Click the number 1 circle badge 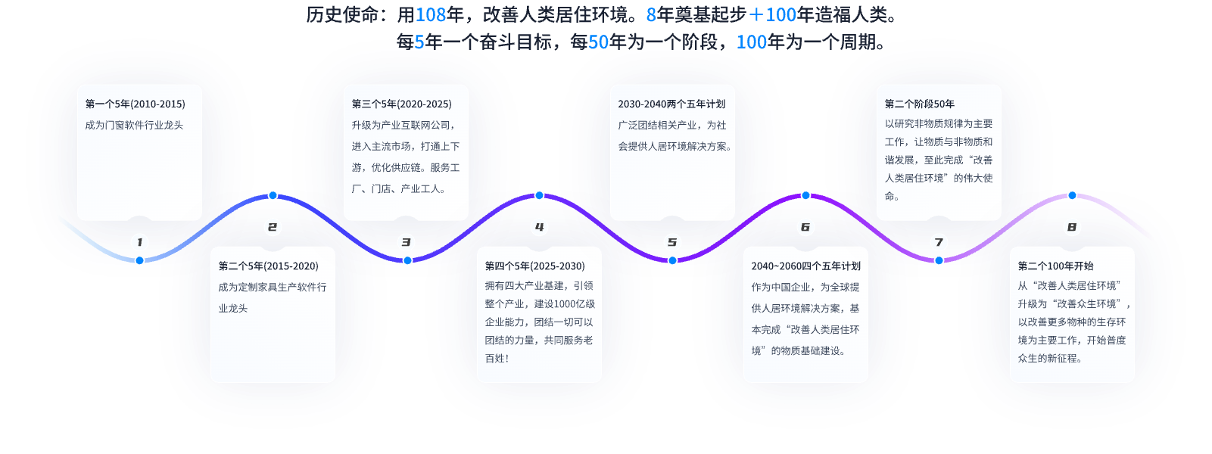[x=139, y=242]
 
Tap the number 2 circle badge [x=273, y=227]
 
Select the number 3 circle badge [x=406, y=242]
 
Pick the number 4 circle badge [x=539, y=227]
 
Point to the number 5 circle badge [x=672, y=242]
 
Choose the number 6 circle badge [x=805, y=227]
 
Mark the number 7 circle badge [x=939, y=242]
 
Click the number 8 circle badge [x=1072, y=227]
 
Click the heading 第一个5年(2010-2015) [x=135, y=104]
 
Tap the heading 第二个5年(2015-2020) [x=268, y=266]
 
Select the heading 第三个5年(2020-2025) [x=401, y=104]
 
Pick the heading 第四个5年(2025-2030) [x=534, y=266]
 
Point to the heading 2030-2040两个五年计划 [x=671, y=104]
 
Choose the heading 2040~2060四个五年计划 [x=805, y=266]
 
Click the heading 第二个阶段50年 [x=919, y=104]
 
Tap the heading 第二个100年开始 [x=1055, y=266]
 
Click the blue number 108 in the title [x=430, y=14]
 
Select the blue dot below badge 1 [x=139, y=260]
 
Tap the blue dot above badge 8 [x=1072, y=195]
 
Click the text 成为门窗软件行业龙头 [x=134, y=126]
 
